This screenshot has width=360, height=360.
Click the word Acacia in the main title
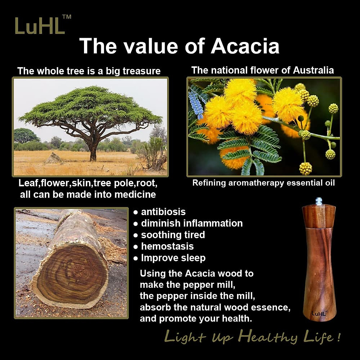245,46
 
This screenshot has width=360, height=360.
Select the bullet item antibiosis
163,212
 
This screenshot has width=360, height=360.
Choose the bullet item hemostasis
167,246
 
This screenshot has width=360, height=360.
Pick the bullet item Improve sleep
173,258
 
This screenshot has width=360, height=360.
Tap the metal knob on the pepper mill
319,201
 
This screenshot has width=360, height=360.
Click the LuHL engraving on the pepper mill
319,313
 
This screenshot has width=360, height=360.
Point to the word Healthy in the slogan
268,337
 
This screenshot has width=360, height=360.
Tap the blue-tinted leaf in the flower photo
196,103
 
